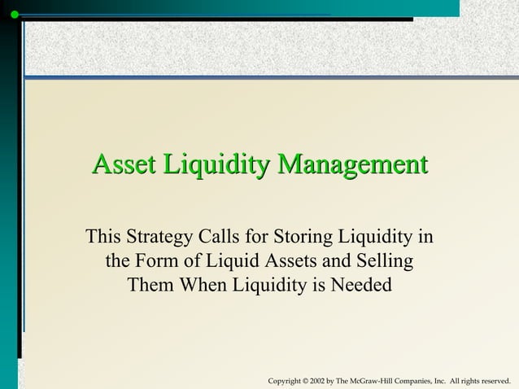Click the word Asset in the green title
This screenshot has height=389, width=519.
(124, 164)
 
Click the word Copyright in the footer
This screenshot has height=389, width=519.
(284, 381)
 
